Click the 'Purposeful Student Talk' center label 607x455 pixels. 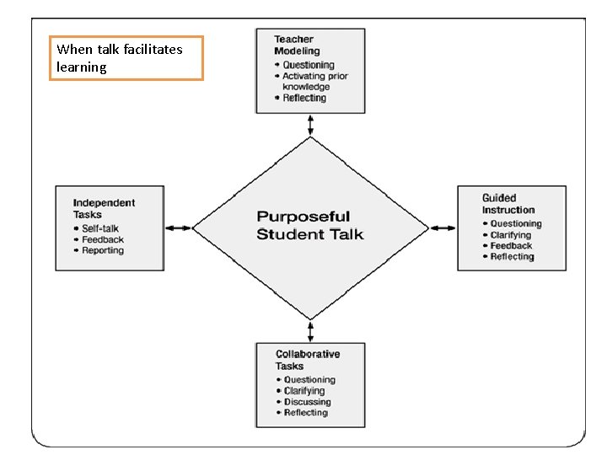click(x=309, y=226)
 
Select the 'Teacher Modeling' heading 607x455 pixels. click(x=294, y=45)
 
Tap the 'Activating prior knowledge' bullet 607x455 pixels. click(x=314, y=81)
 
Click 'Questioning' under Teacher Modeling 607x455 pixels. click(x=308, y=65)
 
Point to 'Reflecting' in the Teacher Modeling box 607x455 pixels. click(x=303, y=98)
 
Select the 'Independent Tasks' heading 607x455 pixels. click(x=104, y=208)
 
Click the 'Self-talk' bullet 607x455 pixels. click(x=99, y=228)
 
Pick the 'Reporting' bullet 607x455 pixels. click(x=103, y=250)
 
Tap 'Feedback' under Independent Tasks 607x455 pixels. click(x=103, y=239)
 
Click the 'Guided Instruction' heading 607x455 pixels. click(x=508, y=204)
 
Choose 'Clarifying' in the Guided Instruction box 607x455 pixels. click(x=512, y=235)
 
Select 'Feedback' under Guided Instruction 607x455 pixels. click(x=511, y=246)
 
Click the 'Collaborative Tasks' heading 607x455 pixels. click(x=308, y=360)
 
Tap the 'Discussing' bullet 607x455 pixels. click(x=307, y=402)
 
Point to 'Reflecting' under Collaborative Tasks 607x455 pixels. click(x=305, y=413)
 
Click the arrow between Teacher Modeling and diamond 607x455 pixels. click(x=311, y=125)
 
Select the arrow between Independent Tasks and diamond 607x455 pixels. click(x=178, y=227)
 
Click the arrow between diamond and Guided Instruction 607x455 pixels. click(x=443, y=227)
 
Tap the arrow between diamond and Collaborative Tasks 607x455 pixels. click(x=311, y=330)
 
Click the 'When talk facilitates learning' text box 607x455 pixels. click(x=126, y=58)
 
